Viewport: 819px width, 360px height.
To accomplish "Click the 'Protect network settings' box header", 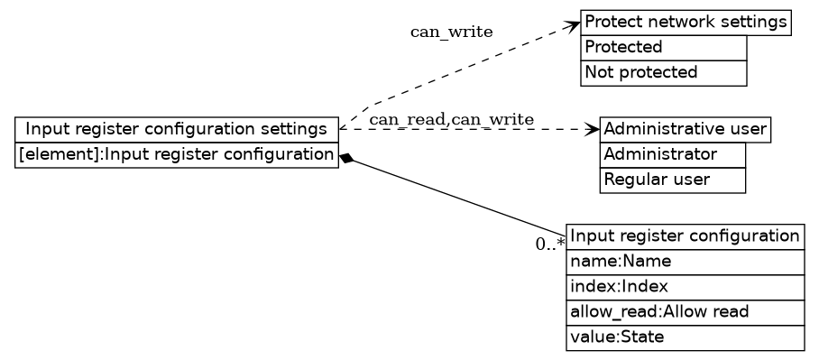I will pyautogui.click(x=686, y=23).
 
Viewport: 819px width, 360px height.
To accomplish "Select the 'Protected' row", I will pyautogui.click(x=664, y=48).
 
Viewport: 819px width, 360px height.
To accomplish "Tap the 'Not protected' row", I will pyautogui.click(x=664, y=73).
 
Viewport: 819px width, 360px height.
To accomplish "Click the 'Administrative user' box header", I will pyautogui.click(x=685, y=130).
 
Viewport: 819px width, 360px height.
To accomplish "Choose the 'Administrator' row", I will pyautogui.click(x=673, y=155).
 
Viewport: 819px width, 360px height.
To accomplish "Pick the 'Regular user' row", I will pyautogui.click(x=673, y=180).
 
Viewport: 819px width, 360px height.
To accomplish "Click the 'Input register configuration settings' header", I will pyautogui.click(x=177, y=130).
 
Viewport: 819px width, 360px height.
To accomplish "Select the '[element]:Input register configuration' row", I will pyautogui.click(x=177, y=155).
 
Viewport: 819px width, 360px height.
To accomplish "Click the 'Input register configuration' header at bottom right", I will pyautogui.click(x=685, y=237).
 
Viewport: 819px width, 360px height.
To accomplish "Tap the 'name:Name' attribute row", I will pyautogui.click(x=685, y=263).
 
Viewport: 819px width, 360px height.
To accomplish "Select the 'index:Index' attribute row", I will pyautogui.click(x=685, y=288).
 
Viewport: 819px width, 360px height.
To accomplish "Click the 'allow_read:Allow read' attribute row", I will pyautogui.click(x=685, y=313).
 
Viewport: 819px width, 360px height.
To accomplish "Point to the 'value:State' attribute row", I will pyautogui.click(x=685, y=338).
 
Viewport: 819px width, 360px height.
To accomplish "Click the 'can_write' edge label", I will pyautogui.click(x=451, y=32).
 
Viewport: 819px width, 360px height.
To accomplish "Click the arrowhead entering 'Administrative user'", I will pyautogui.click(x=593, y=130).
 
